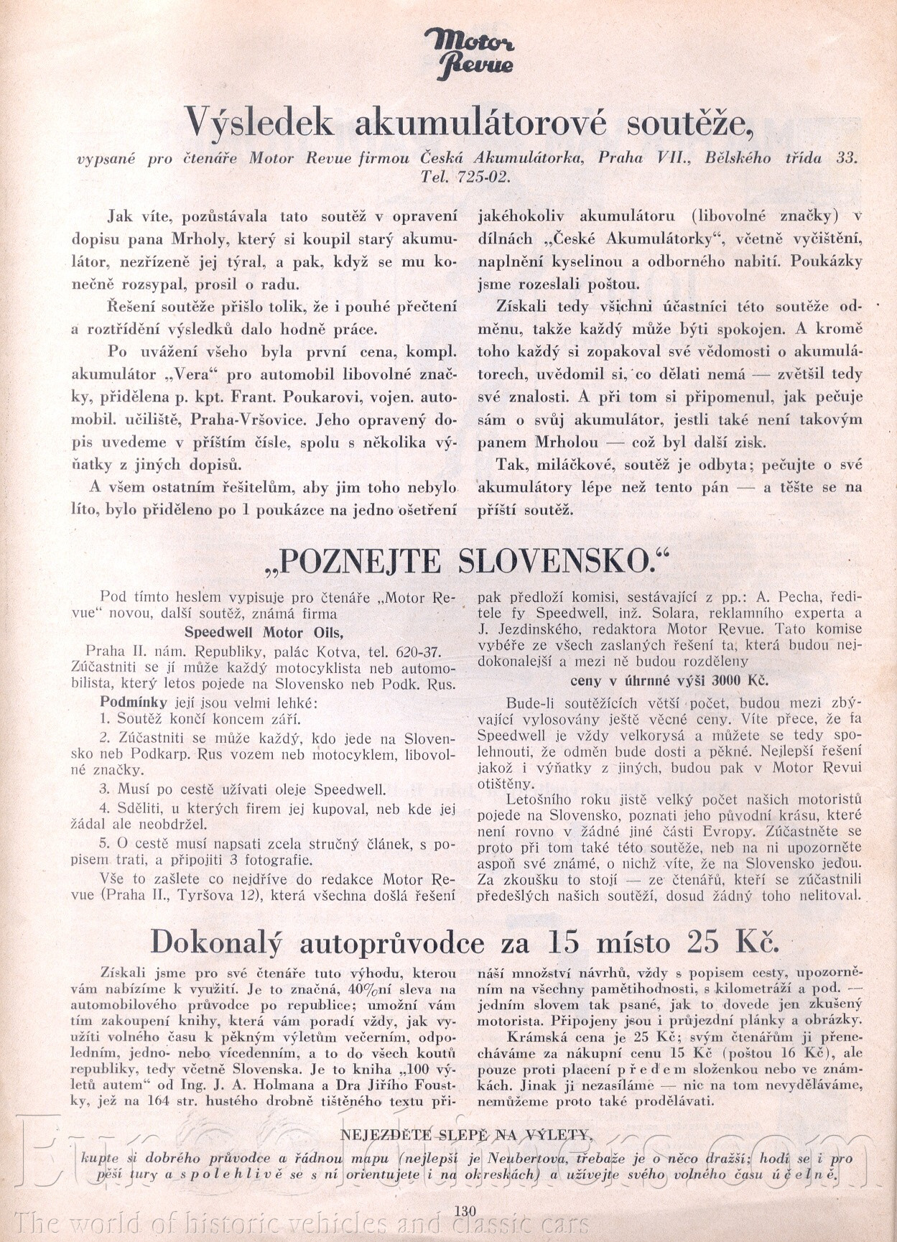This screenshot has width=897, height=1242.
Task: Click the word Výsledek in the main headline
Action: (259, 123)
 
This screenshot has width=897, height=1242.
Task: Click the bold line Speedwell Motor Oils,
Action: (264, 633)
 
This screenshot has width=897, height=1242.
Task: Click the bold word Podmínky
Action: (133, 702)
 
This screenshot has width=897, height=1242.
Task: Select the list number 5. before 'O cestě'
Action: (104, 843)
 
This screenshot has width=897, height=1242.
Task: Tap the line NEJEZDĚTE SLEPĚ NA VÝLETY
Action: (466, 1135)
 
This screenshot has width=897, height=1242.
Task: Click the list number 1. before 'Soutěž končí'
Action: (104, 718)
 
